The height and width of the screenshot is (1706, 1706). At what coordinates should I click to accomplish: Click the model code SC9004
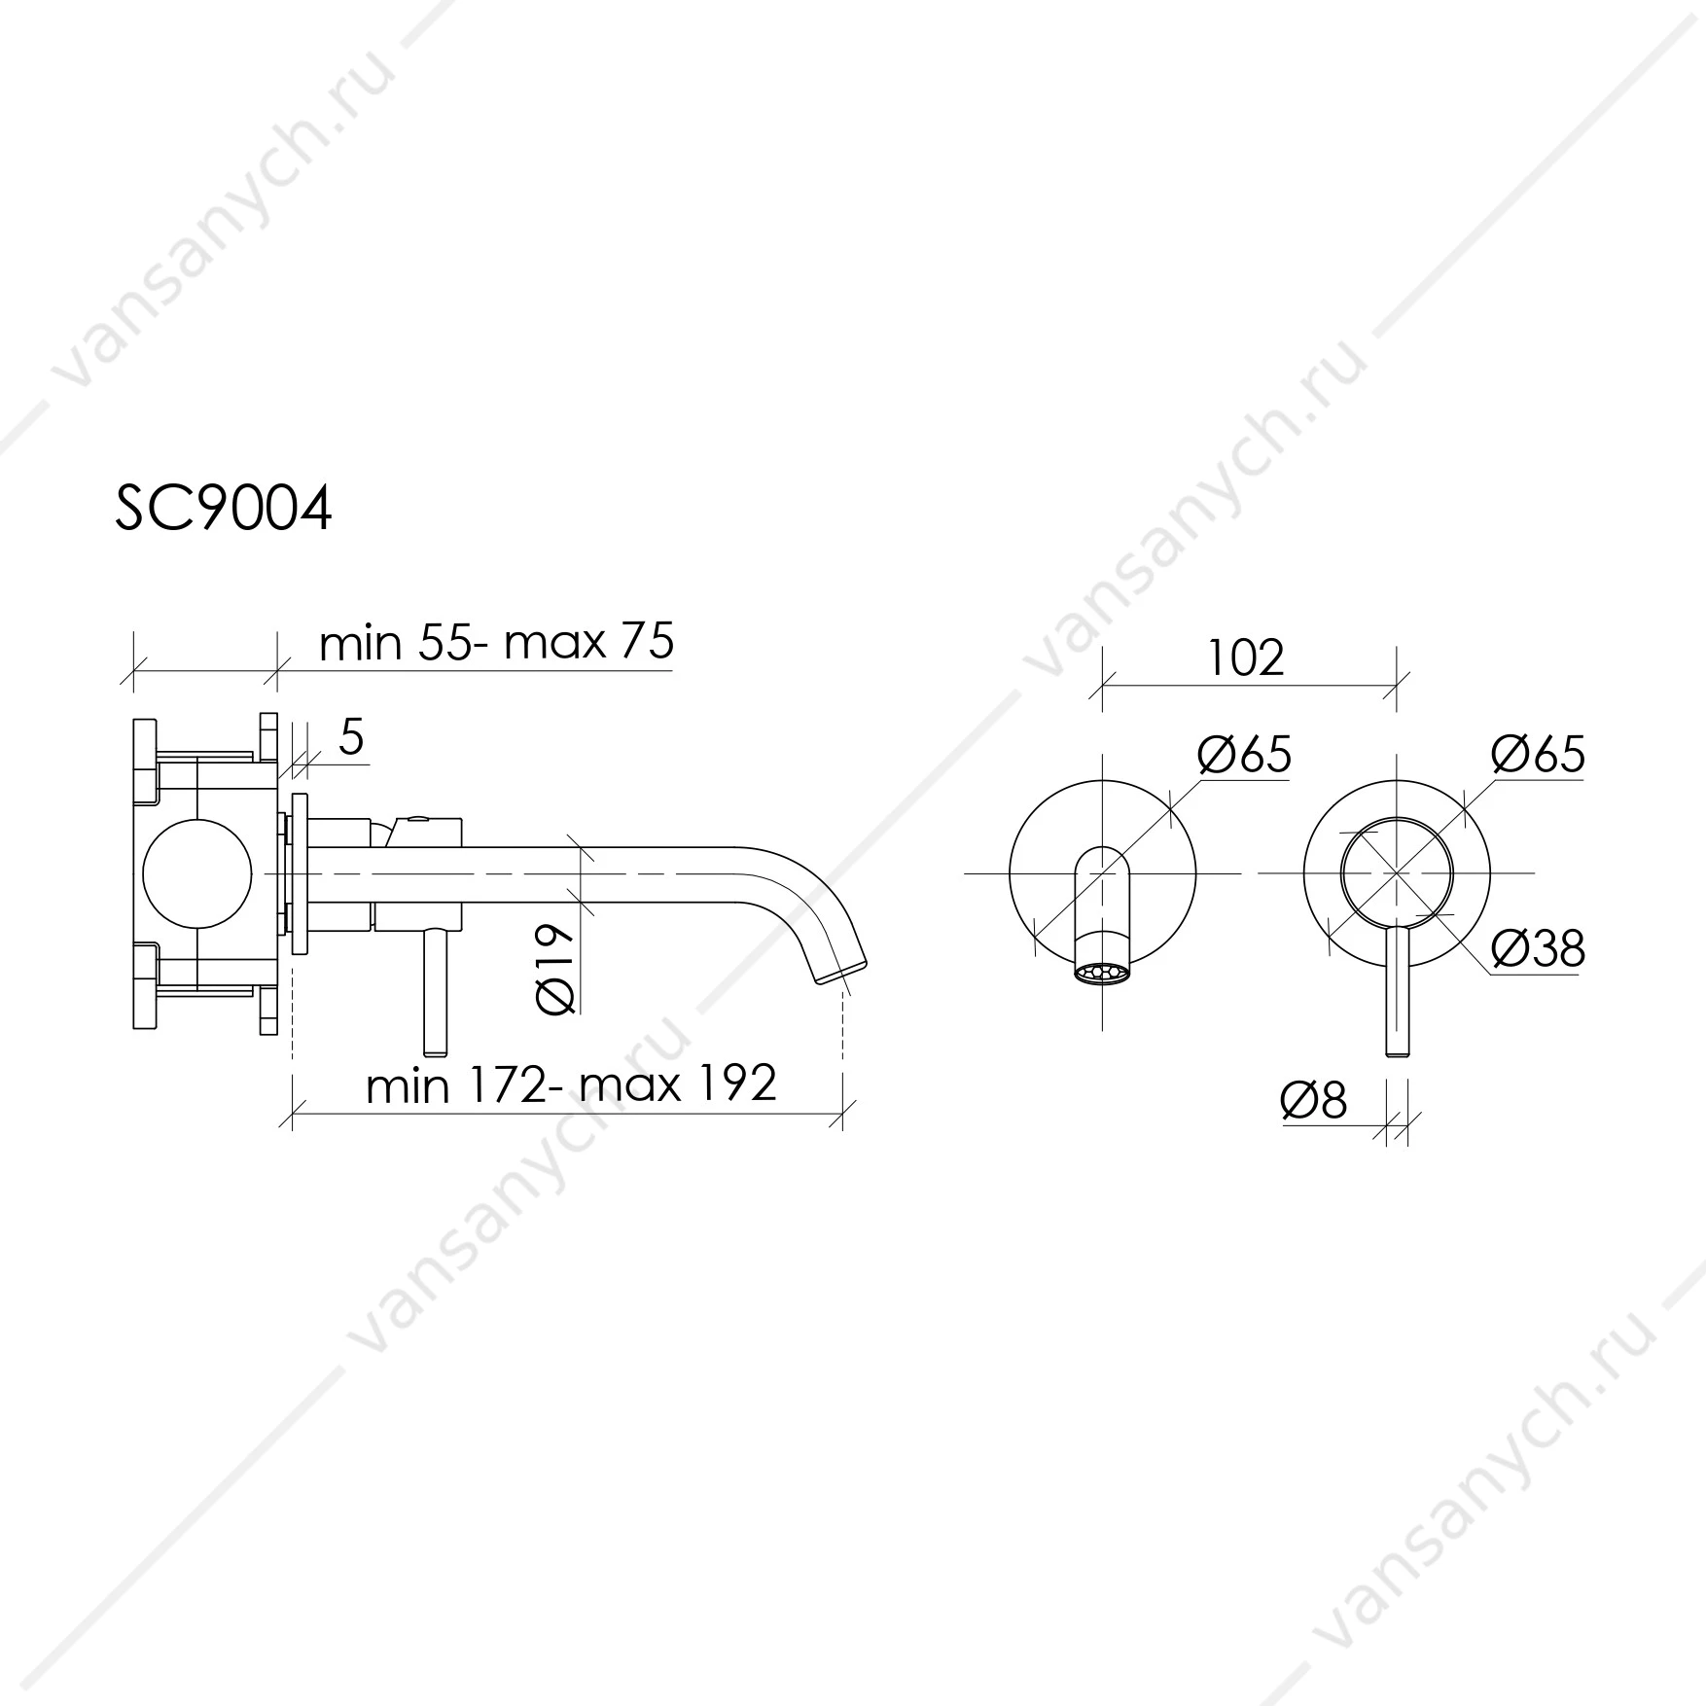(x=224, y=508)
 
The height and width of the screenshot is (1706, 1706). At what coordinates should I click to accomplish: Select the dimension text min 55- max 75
(x=496, y=642)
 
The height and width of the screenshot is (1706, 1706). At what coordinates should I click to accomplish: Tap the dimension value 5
(x=351, y=738)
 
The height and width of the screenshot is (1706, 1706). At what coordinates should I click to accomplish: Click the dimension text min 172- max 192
(x=571, y=1084)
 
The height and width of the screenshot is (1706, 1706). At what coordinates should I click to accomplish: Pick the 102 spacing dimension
(x=1246, y=658)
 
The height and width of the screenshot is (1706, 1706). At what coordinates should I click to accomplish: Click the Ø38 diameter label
(x=1538, y=947)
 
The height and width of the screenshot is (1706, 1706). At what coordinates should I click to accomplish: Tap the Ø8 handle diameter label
(x=1314, y=1100)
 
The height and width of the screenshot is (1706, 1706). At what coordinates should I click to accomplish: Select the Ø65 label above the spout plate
(x=1245, y=755)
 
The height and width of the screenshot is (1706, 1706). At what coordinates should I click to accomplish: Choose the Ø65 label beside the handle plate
(x=1539, y=755)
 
